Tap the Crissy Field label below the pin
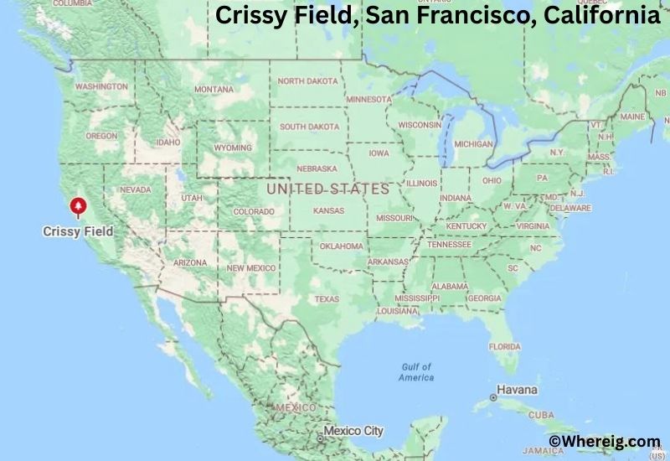tap(78, 230)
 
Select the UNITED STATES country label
tap(327, 189)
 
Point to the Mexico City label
tap(353, 431)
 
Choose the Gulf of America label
tap(416, 372)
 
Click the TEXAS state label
tap(327, 298)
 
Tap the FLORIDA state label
tap(504, 346)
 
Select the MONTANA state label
tap(214, 90)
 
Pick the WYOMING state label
tap(233, 148)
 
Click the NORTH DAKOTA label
tap(308, 81)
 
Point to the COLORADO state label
tap(253, 211)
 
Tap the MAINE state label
tap(632, 117)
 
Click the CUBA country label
tap(541, 415)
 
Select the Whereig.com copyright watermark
tap(604, 441)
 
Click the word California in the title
tap(595, 15)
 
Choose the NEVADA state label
tap(136, 189)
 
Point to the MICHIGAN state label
tap(473, 144)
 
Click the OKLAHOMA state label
tap(342, 246)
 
